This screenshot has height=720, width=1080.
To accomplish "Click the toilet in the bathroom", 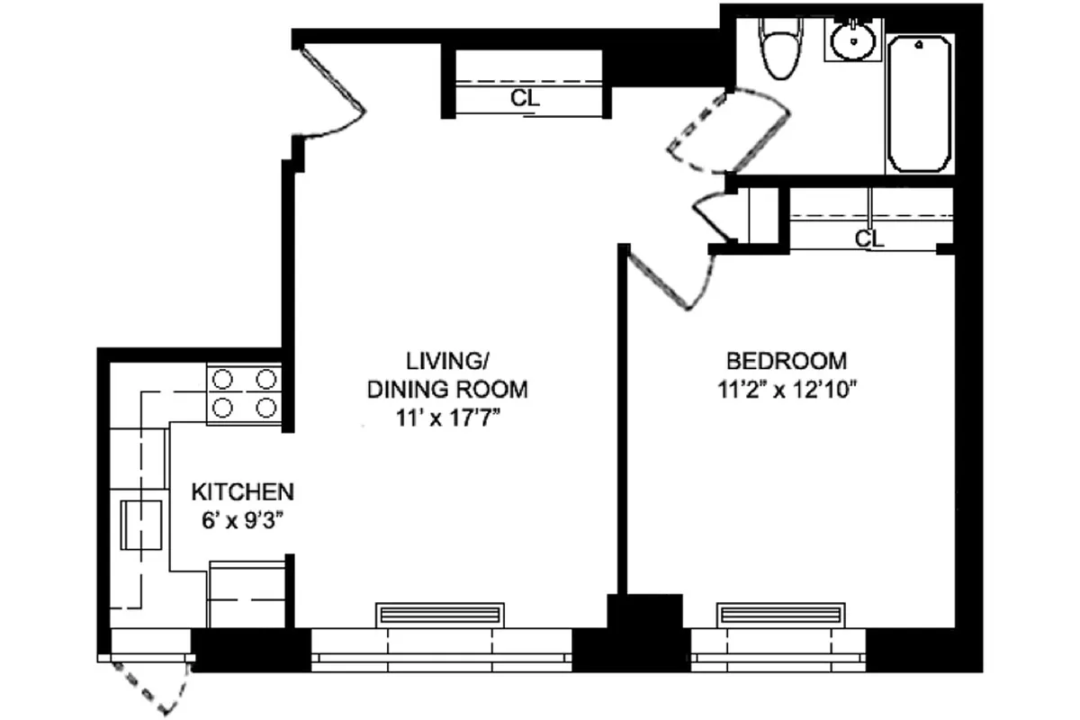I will point(775,49).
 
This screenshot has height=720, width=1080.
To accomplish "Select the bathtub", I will point(919,103).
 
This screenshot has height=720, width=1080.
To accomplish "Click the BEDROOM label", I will point(787,361).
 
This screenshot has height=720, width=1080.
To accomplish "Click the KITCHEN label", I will point(243,492).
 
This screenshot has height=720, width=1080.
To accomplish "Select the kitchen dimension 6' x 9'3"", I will point(243,520).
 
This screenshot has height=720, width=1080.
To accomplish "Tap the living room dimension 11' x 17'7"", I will point(446,418).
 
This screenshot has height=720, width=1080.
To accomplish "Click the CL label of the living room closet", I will point(525,99).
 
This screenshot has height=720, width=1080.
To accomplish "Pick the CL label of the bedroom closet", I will point(868,239).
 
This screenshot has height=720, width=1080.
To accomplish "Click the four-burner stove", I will point(244,394).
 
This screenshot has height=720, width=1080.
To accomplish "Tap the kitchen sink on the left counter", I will point(142,525).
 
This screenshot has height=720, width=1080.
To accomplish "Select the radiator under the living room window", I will point(439,615).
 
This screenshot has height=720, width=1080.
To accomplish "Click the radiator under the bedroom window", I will point(780,615).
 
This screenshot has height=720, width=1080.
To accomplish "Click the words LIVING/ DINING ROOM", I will point(446,375).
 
